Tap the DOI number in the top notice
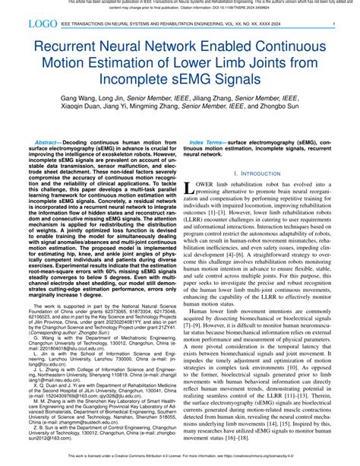tap(220, 9)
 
